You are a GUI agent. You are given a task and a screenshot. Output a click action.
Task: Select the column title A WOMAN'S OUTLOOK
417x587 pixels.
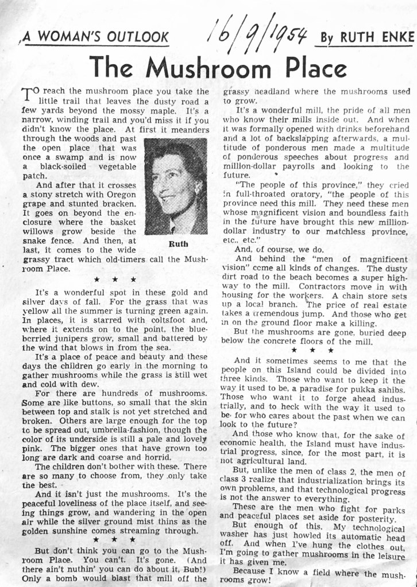click(96, 38)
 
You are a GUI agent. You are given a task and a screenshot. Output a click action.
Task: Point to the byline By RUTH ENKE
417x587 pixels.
click(366, 37)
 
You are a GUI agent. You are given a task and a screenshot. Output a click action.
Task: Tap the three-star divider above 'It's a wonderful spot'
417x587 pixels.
click(115, 279)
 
